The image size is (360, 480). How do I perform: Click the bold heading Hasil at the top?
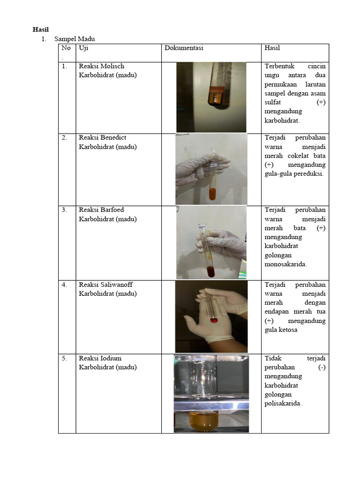click(40, 30)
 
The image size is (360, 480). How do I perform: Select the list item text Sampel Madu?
click(75, 39)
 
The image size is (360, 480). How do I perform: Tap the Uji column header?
click(83, 48)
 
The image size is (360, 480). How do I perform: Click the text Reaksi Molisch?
click(102, 66)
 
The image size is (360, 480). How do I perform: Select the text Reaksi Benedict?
click(103, 137)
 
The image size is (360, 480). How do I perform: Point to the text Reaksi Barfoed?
click(101, 210)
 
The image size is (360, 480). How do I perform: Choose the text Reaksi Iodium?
click(100, 358)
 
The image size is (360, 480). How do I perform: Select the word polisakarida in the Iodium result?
click(283, 403)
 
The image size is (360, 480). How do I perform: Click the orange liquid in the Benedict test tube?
click(212, 193)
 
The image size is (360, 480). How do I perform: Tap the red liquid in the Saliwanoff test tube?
click(214, 320)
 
